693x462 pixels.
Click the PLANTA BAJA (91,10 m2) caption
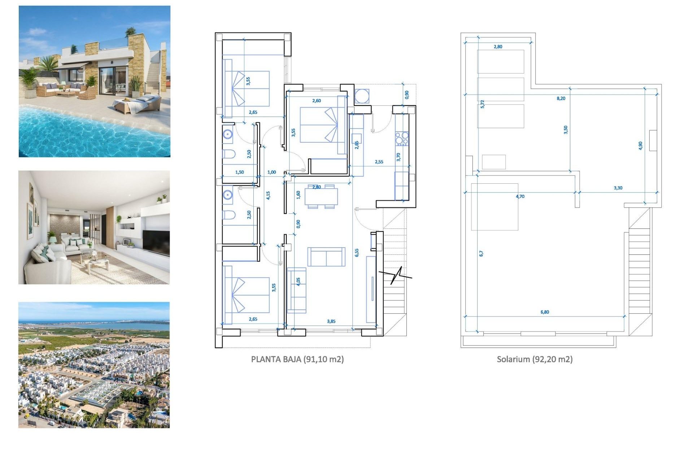tap(297, 359)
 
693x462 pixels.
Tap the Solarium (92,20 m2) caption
tap(535, 359)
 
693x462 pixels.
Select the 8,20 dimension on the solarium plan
tap(561, 98)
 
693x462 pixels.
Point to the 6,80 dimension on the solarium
tap(545, 312)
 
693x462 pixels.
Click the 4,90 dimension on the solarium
tap(640, 145)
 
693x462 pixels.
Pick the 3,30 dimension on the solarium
tap(618, 188)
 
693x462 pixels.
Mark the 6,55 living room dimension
tap(357, 253)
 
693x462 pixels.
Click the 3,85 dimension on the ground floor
tap(331, 321)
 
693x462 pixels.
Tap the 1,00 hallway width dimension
tap(271, 172)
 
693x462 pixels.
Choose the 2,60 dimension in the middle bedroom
tap(316, 101)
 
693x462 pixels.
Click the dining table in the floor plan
tap(321, 197)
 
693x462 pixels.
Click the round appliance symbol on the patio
tap(362, 96)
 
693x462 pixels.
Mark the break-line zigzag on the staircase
tap(395, 275)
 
